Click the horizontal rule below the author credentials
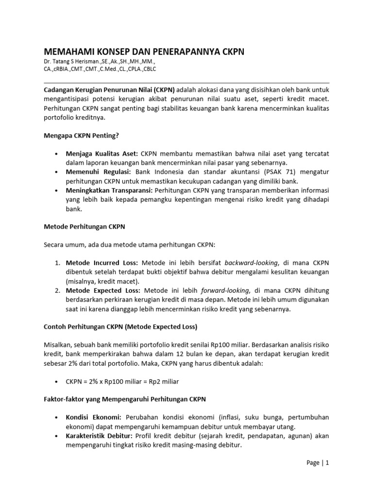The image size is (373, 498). coord(186,82)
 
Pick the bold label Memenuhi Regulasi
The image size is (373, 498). coord(98,172)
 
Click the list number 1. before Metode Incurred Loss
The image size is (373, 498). coord(57,263)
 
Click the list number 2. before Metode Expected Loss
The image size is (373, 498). coord(57,290)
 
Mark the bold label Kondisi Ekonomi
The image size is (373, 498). coord(95,417)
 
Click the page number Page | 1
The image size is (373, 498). coord(318,463)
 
